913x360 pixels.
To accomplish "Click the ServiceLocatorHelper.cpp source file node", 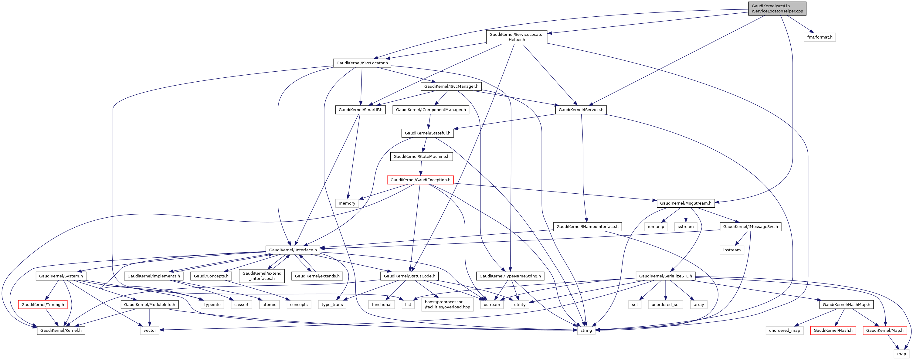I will coord(777,8).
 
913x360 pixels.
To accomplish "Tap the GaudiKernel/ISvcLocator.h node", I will coord(362,63).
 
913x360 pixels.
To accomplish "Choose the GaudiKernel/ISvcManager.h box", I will coord(451,87).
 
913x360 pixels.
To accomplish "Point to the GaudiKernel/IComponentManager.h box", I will coord(431,110).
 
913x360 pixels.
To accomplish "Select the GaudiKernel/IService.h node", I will coord(581,110).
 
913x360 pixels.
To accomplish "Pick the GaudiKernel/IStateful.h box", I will coord(427,133).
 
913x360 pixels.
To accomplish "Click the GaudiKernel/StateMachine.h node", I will coord(421,157).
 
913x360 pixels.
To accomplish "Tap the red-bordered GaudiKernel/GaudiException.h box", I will coord(420,180).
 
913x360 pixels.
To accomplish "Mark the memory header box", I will coord(347,203).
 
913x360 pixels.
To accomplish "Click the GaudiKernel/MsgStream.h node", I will coord(685,203).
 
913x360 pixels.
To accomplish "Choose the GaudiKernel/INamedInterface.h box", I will coord(587,227).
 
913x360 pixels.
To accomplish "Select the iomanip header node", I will coord(656,227).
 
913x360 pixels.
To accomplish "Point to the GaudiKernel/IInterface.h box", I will coord(293,250).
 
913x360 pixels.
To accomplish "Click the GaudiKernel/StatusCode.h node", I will coord(409,276).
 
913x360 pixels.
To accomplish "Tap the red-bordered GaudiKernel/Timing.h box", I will coord(42,305).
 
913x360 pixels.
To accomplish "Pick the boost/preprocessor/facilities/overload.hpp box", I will coord(447,305).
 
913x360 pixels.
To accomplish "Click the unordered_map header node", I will coord(784,331).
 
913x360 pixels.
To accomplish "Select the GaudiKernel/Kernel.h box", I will coord(61,331).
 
